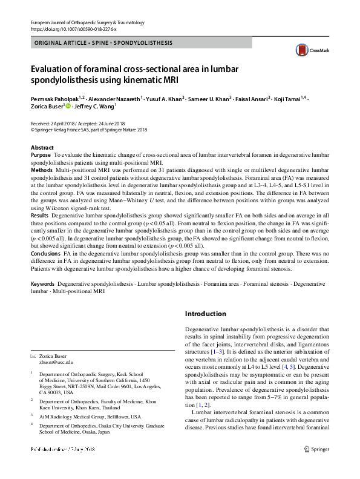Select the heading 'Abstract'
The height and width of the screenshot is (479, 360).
click(42, 148)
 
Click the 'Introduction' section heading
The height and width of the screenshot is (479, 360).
click(206, 314)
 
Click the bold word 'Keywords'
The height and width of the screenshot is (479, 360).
click(42, 283)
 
